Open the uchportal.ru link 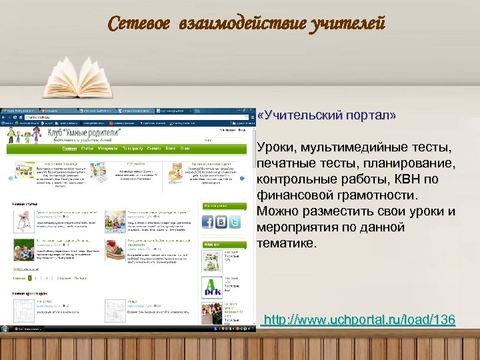coord(359,321)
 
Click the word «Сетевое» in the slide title coord(139,25)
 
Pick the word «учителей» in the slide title coord(347,25)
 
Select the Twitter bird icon coord(235,222)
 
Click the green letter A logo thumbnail coord(211,285)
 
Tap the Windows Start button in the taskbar coord(5,329)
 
